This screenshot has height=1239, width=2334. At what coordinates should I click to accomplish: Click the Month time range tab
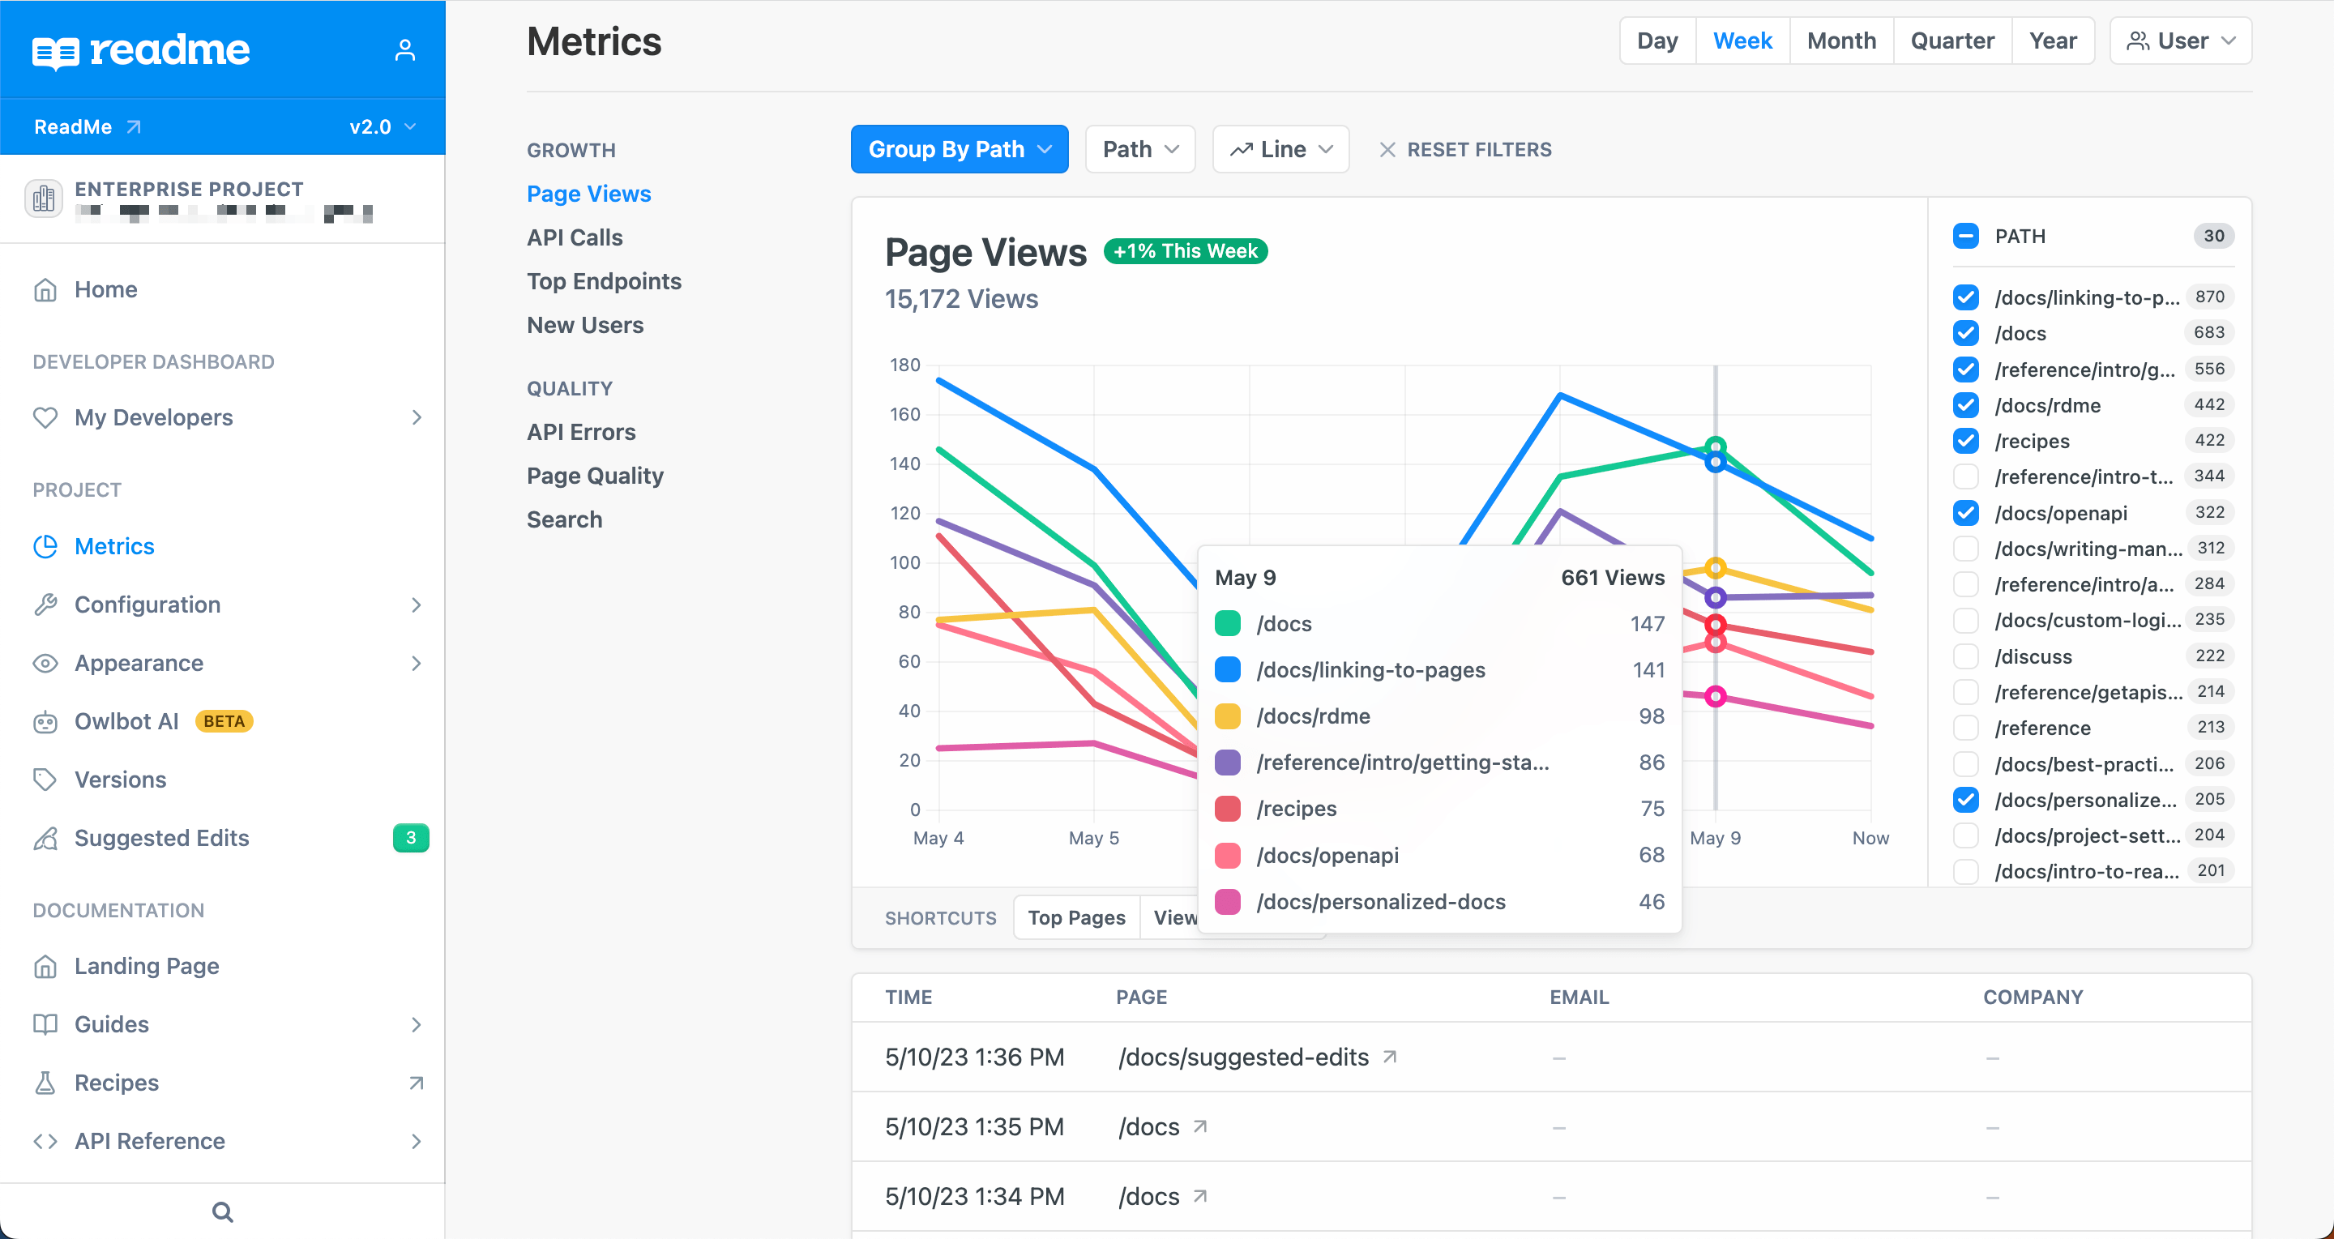pos(1840,41)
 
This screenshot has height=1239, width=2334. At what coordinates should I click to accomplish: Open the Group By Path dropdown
pos(959,149)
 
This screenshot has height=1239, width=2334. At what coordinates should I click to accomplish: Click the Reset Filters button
pos(1465,149)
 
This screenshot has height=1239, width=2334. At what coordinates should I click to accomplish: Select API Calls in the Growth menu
pos(575,237)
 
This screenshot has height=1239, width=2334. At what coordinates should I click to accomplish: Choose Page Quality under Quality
pos(594,476)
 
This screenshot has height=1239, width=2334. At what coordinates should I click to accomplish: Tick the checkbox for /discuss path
pos(1965,656)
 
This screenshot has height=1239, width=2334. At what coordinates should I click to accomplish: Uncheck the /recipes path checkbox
pos(1965,441)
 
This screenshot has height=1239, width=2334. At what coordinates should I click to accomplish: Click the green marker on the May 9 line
pos(1715,446)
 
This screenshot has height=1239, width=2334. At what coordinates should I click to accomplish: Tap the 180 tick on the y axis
pos(904,365)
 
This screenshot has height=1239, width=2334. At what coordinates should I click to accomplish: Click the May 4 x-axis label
pos(938,838)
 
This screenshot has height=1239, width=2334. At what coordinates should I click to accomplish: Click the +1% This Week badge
pos(1184,251)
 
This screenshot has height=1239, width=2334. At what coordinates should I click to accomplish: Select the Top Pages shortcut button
pos(1075,917)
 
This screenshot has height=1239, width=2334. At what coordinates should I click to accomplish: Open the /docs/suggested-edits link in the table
pos(1243,1057)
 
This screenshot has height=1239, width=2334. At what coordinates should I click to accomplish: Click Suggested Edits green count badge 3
pos(410,838)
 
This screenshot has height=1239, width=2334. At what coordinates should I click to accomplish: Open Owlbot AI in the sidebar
pos(126,721)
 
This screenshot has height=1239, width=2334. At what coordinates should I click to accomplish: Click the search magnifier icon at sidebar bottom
pos(222,1211)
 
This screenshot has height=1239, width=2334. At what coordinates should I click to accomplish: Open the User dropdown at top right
pos(2180,41)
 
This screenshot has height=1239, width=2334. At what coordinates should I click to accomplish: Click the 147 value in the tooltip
pos(1646,624)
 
